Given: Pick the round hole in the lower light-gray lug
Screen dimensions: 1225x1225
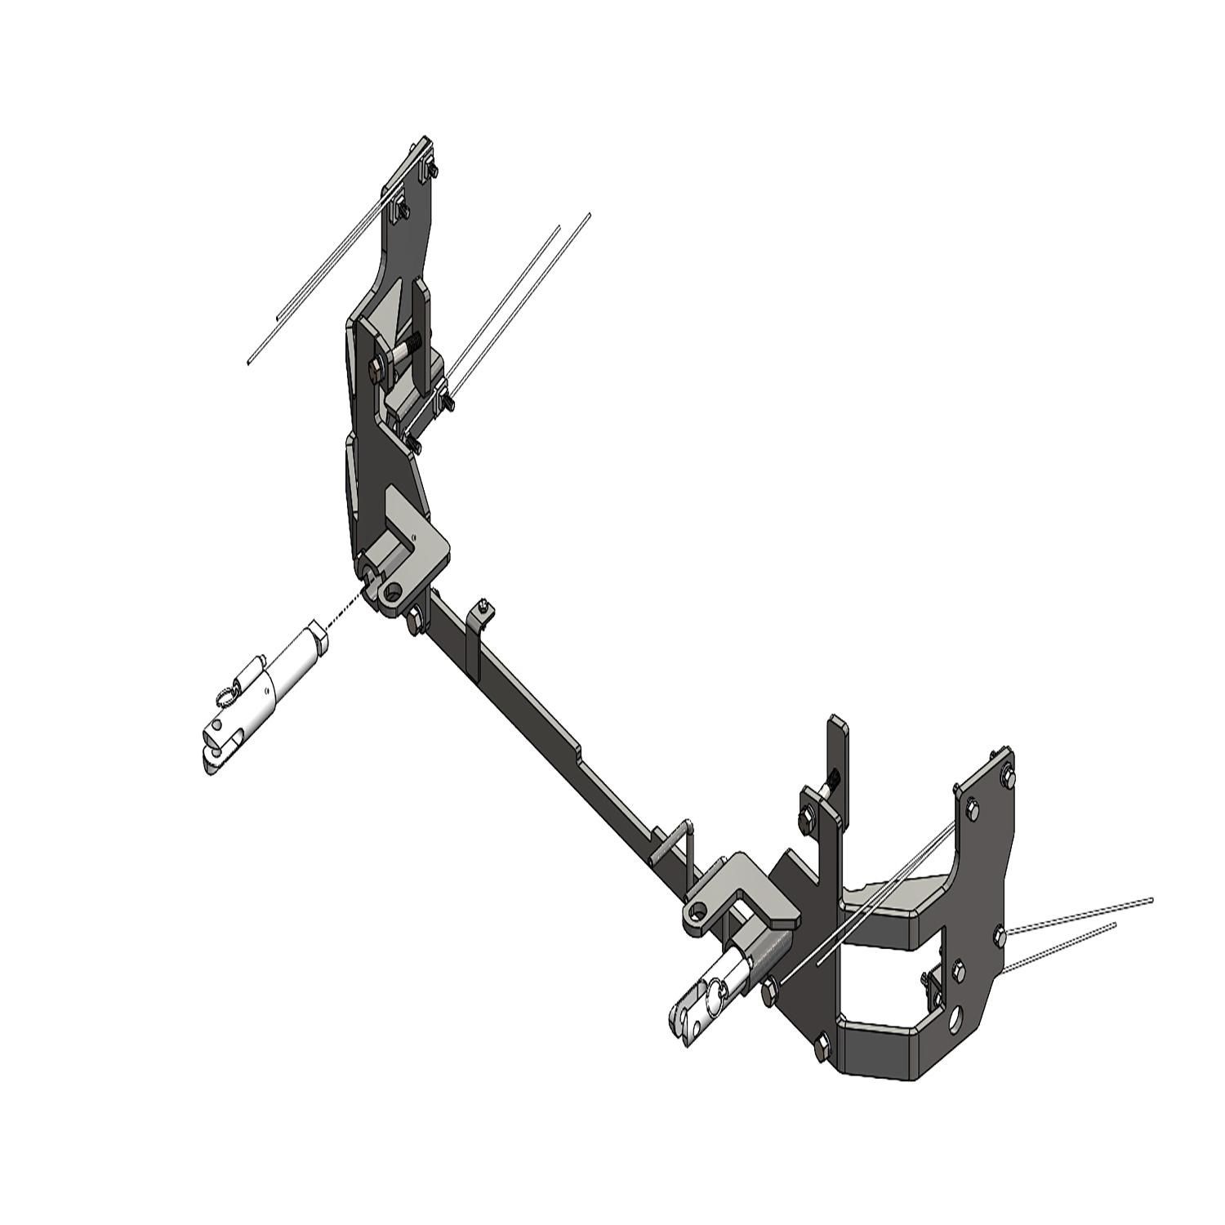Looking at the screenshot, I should click(x=698, y=911).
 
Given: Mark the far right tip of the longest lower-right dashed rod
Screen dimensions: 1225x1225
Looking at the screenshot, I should click(x=1151, y=899).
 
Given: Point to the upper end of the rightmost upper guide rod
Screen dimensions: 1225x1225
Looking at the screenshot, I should click(x=589, y=215).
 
